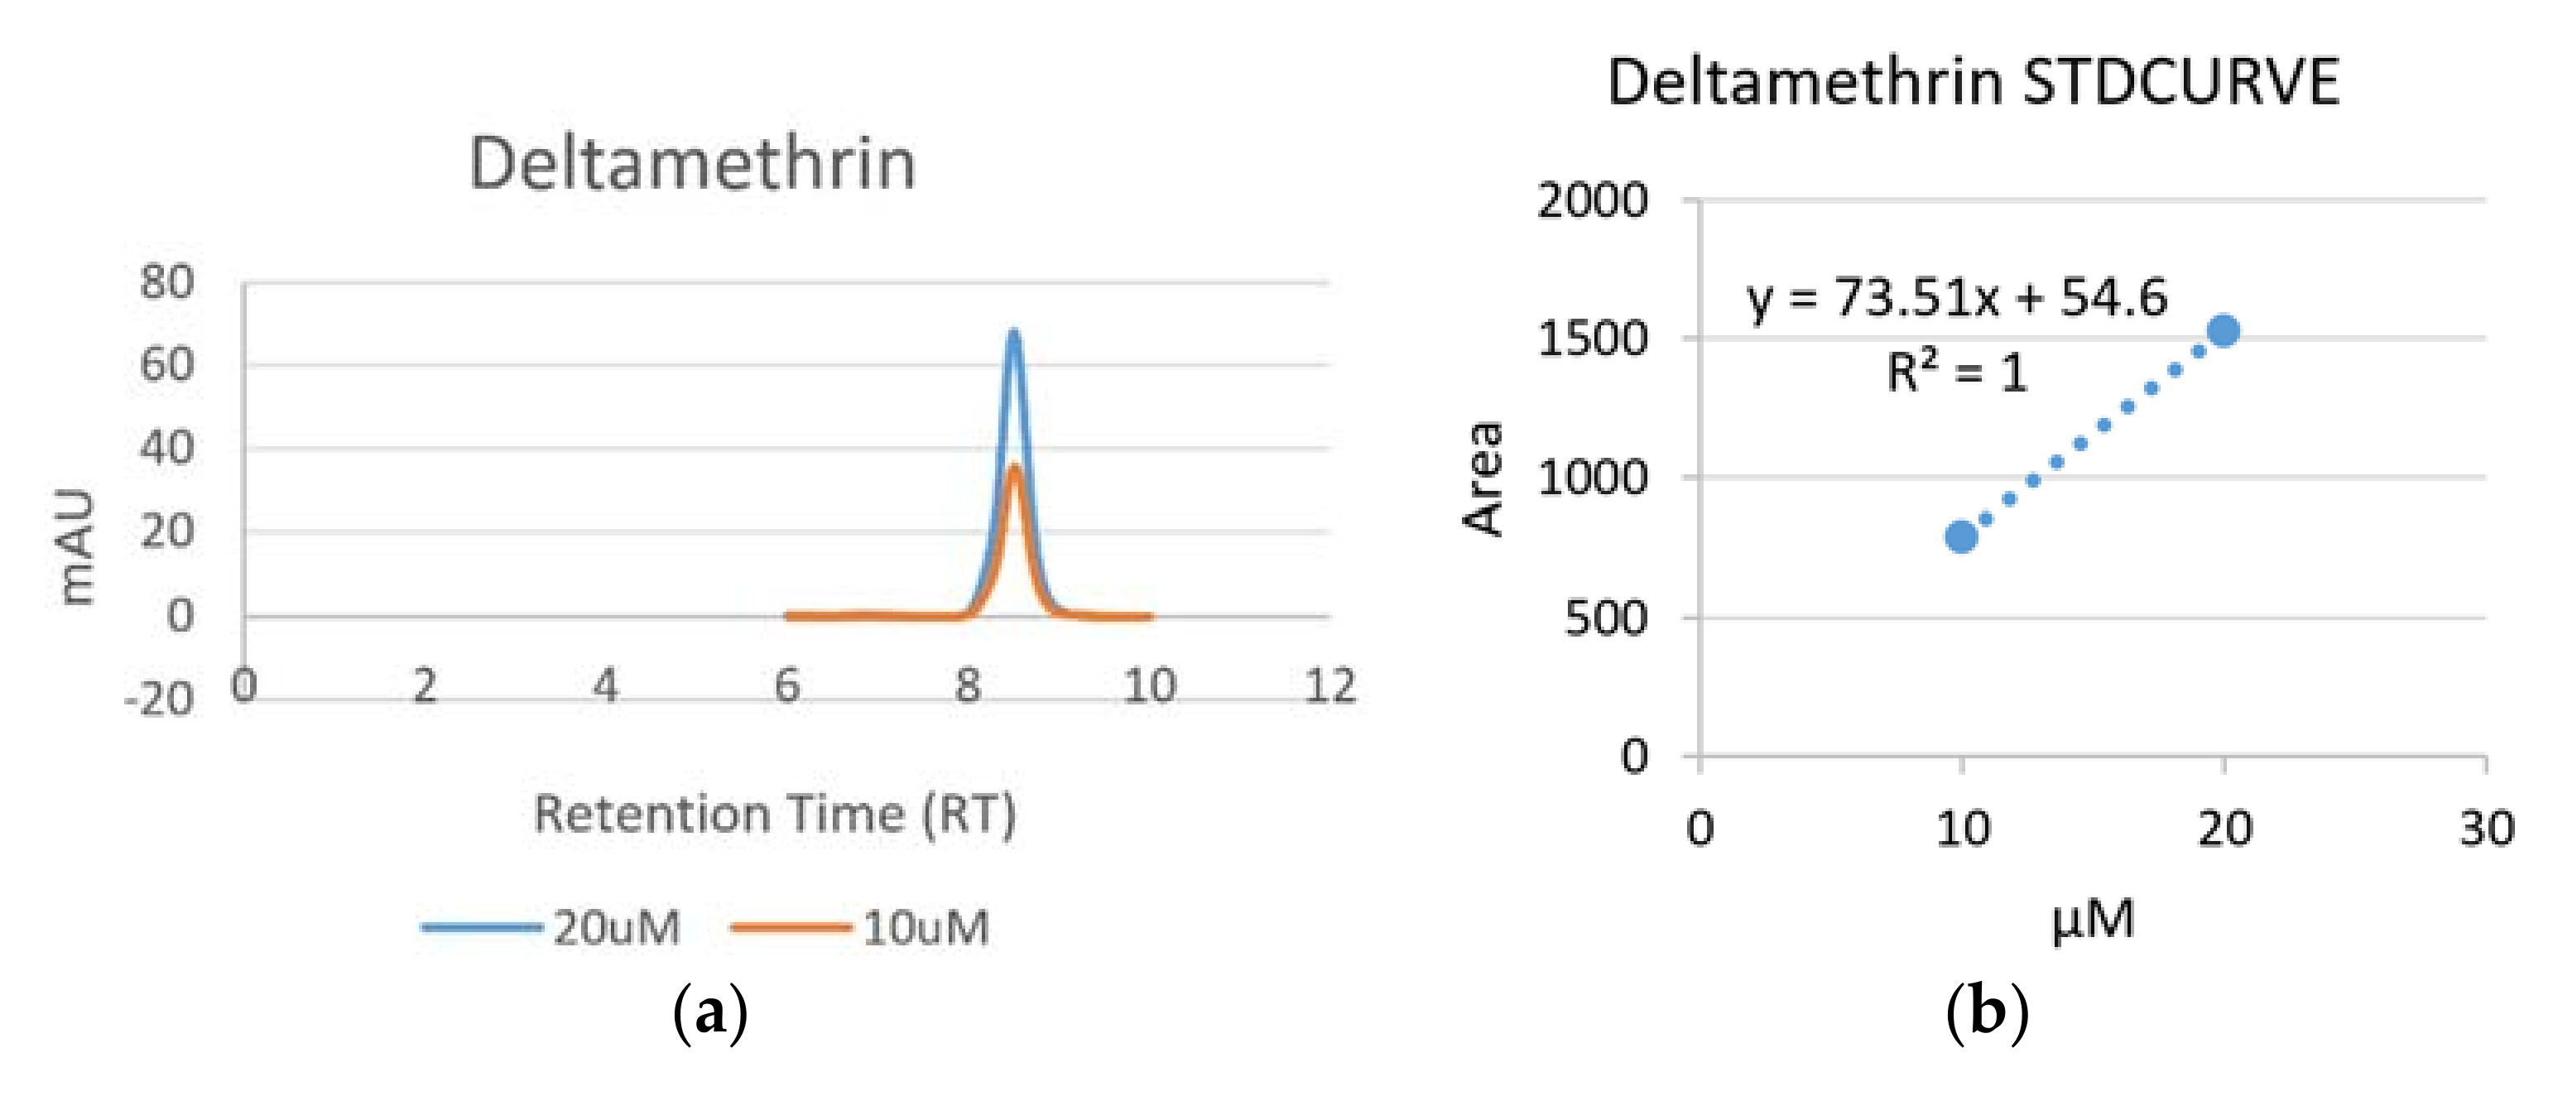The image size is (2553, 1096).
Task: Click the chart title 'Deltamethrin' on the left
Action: [x=692, y=164]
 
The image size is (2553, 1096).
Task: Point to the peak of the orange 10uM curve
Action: [x=1014, y=468]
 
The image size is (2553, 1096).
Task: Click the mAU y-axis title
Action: [x=77, y=546]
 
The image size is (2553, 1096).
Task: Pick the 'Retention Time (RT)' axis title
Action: [x=775, y=815]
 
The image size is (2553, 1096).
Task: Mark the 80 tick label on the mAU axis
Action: [x=166, y=282]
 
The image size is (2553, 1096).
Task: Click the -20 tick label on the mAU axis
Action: [x=159, y=699]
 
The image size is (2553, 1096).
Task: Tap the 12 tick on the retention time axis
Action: [x=1329, y=685]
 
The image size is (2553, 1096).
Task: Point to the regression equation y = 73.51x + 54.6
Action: [x=1956, y=297]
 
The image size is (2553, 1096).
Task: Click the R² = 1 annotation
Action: [x=1956, y=373]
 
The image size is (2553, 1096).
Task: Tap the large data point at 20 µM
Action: [x=2224, y=331]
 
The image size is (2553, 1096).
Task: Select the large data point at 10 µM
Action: [x=1961, y=537]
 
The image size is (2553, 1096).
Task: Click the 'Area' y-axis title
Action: [x=1484, y=478]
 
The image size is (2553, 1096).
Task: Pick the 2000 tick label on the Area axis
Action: [x=1592, y=201]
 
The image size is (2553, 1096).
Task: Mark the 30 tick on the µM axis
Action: [x=2487, y=829]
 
